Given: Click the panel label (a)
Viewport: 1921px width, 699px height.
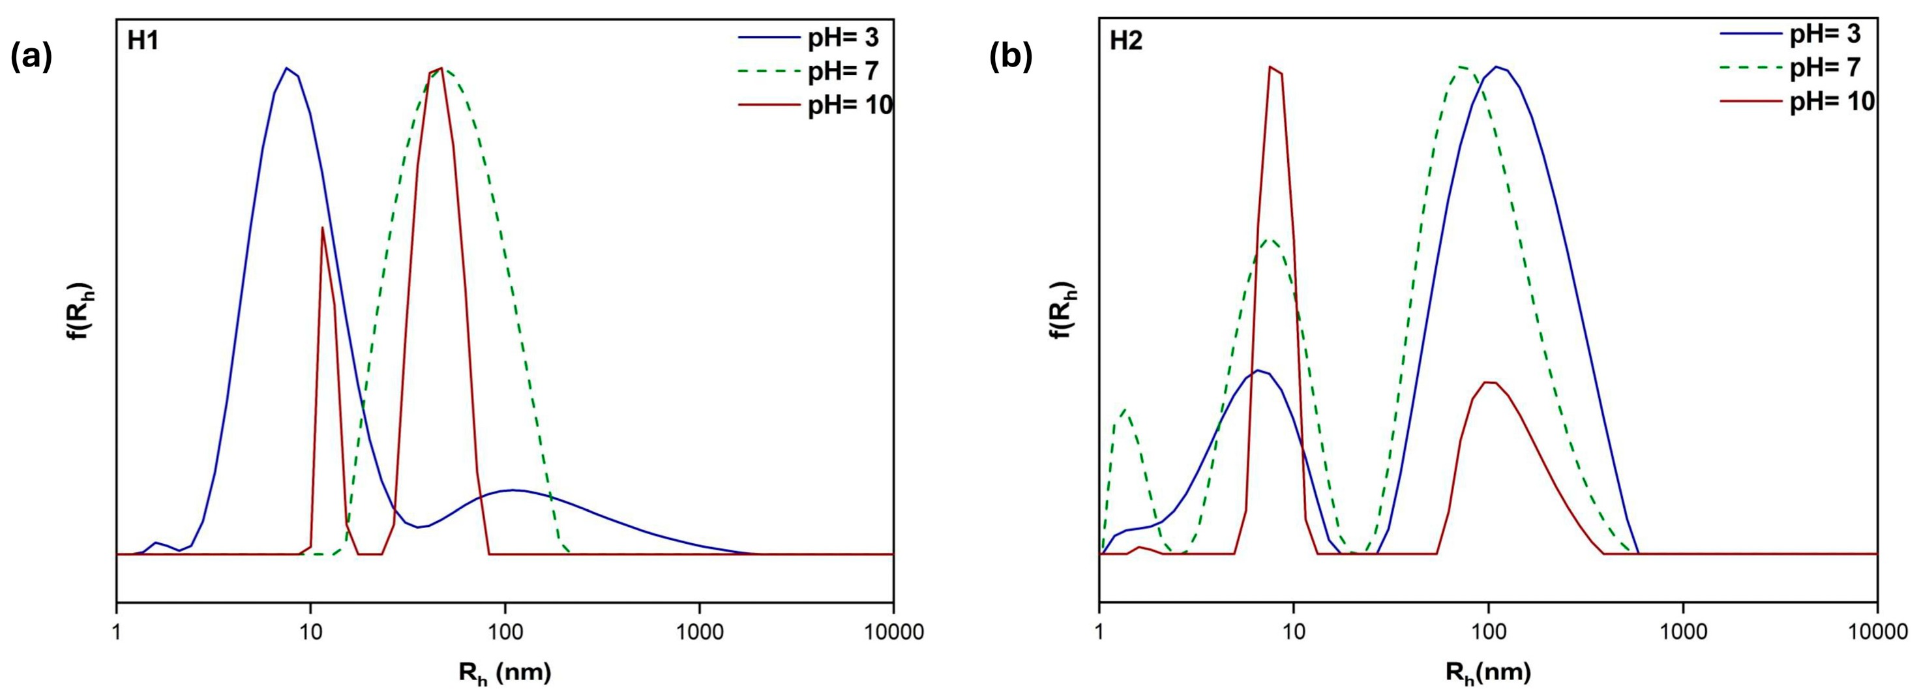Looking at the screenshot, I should (31, 57).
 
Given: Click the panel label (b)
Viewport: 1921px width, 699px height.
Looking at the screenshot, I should (1011, 57).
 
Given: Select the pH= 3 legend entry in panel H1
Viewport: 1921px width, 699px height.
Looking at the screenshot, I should (843, 36).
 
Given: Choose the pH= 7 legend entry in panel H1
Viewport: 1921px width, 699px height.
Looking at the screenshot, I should (843, 71).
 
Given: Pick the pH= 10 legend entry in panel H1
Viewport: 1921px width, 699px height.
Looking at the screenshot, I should (850, 105).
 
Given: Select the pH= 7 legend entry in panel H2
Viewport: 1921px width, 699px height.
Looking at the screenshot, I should (1824, 67).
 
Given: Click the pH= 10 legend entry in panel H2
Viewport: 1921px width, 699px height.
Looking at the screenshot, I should (1832, 102).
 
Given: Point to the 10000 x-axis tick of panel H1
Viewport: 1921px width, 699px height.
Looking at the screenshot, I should (893, 632).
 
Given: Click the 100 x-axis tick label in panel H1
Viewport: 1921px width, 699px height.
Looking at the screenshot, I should (505, 632).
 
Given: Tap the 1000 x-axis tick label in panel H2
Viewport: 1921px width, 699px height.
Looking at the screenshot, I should (1682, 632).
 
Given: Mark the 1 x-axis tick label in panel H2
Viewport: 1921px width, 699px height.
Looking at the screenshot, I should (1100, 632).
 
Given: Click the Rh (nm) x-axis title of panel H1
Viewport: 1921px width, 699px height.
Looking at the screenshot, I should (505, 674).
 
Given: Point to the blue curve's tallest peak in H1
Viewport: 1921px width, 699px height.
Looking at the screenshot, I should (286, 68).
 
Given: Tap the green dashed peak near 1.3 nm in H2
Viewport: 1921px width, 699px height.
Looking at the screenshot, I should (1123, 409).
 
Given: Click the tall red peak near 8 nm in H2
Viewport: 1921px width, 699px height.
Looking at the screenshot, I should (1271, 67).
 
